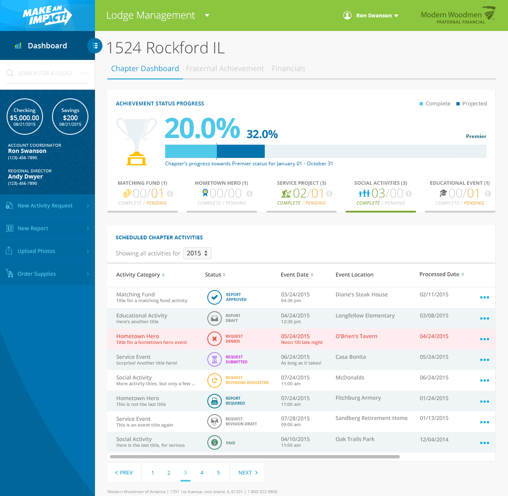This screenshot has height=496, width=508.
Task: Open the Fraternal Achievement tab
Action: (x=225, y=69)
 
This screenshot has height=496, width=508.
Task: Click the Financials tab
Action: (x=288, y=69)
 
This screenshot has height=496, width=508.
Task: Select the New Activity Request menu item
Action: (x=45, y=206)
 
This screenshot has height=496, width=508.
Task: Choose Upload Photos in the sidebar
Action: (x=36, y=251)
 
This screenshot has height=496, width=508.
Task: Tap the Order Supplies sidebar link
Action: (x=36, y=274)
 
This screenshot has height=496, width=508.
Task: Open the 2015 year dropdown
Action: (x=197, y=253)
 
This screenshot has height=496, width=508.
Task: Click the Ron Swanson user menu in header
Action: (x=371, y=16)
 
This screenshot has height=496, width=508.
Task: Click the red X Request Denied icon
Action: (x=214, y=339)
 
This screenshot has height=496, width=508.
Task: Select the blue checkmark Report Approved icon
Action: (x=214, y=297)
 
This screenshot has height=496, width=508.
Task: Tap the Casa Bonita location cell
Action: (x=351, y=357)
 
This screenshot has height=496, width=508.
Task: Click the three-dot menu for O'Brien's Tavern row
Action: (x=484, y=339)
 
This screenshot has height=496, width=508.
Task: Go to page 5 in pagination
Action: (x=218, y=472)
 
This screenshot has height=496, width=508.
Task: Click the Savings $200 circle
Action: (x=70, y=117)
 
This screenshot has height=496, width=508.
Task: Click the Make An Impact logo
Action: (x=47, y=16)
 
